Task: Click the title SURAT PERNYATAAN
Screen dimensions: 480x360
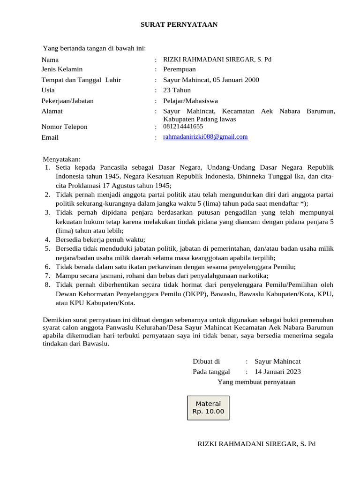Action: pos(179,24)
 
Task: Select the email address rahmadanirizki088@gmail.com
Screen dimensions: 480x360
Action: pos(205,137)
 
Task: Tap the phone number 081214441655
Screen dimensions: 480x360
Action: pos(183,127)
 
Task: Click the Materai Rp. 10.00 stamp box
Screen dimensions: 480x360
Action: pos(208,407)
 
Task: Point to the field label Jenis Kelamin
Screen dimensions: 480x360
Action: pos(62,69)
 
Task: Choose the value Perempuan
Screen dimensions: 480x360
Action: pos(180,69)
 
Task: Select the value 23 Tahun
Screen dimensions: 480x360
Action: pos(177,90)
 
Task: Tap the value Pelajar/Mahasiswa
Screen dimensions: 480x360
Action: pos(190,101)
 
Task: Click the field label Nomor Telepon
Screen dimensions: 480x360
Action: pos(64,127)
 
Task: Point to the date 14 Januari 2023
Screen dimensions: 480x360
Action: pos(277,372)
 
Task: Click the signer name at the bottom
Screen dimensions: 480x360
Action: pos(256,443)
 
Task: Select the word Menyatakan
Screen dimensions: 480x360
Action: pos(61,159)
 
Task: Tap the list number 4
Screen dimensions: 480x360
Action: pos(47,240)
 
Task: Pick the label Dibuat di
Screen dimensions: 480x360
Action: pos(206,361)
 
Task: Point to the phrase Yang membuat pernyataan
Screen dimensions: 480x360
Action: pos(256,382)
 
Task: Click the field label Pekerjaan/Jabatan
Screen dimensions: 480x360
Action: pos(67,101)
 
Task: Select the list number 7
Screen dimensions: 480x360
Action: pos(47,275)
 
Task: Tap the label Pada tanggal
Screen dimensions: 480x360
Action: pos(211,372)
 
